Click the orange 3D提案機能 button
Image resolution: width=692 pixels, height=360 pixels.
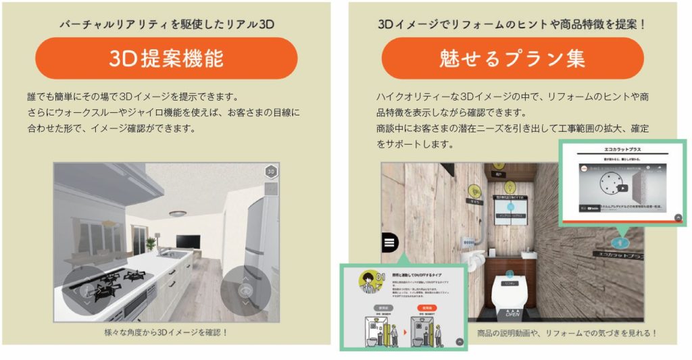[166, 58]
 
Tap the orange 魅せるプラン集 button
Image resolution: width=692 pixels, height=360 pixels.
[512, 58]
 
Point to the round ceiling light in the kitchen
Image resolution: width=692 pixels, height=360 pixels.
[178, 213]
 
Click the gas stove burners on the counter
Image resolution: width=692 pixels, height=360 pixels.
[115, 279]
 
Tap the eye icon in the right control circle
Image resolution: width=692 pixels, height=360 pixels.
[246, 290]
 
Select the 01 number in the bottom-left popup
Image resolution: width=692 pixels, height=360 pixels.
[380, 276]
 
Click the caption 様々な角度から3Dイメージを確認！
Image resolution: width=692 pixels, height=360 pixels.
[166, 332]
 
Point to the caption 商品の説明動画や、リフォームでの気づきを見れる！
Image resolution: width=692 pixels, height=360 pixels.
[566, 333]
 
